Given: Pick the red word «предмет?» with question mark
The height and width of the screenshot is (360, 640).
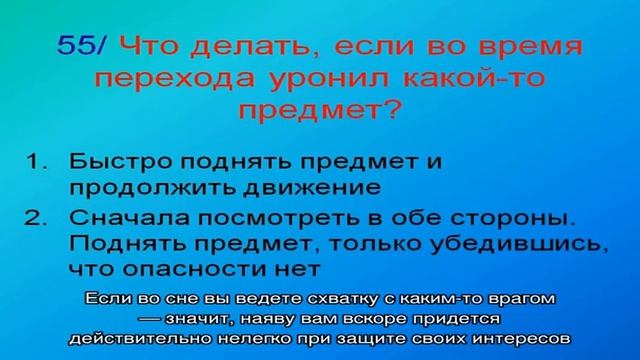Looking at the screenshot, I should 319,107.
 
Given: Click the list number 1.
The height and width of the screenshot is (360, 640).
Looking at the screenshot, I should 32,161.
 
